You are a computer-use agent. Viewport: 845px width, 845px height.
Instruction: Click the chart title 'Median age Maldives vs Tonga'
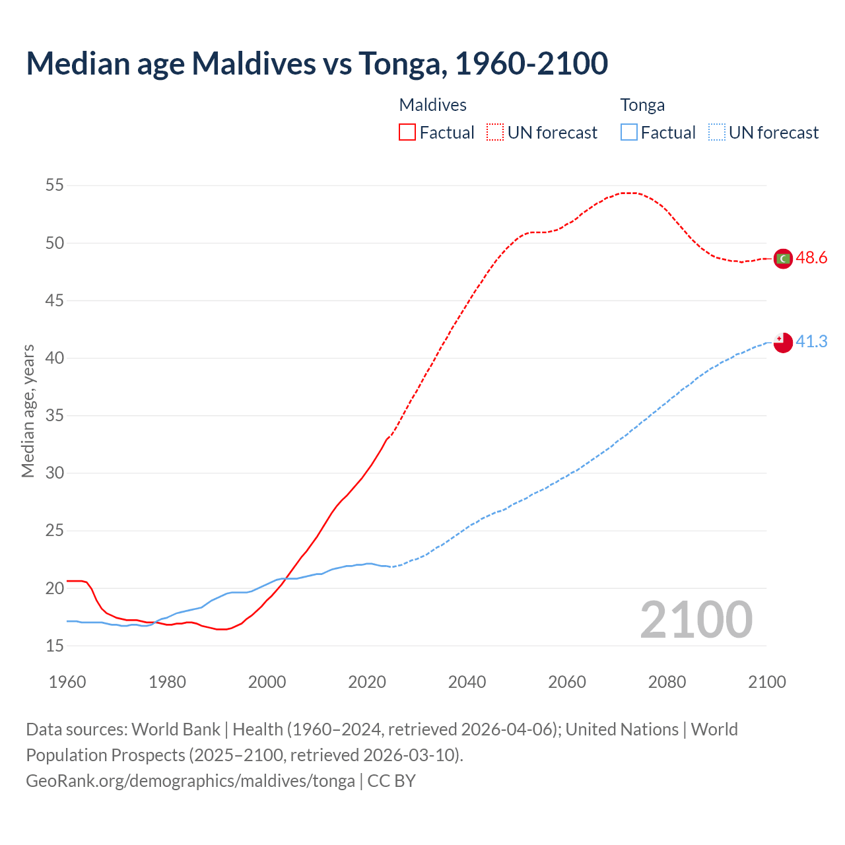tap(317, 64)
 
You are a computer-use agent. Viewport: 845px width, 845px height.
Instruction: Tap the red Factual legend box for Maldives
tap(407, 133)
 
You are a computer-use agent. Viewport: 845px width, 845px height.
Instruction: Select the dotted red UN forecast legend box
tap(495, 133)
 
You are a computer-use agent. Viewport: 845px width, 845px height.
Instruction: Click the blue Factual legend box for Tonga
tap(629, 133)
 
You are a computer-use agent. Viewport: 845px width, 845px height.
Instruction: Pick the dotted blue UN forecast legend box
tap(717, 133)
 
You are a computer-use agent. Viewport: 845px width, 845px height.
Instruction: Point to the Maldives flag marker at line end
tap(783, 259)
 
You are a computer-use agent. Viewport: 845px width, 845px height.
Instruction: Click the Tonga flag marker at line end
tap(783, 342)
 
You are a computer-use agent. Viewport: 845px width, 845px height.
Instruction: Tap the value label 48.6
tap(811, 258)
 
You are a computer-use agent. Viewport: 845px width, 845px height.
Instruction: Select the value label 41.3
tap(811, 341)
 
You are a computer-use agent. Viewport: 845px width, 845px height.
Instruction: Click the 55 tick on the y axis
tap(55, 186)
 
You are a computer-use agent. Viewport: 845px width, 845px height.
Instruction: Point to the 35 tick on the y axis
tap(55, 416)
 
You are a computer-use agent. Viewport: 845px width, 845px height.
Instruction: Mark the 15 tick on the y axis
tap(55, 646)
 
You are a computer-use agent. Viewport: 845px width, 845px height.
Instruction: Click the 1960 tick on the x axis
tap(67, 682)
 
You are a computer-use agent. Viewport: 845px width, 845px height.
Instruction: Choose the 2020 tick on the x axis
tap(367, 682)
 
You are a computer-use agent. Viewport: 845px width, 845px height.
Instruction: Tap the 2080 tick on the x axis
tap(667, 682)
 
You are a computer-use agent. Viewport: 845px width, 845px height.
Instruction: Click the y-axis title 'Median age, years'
tap(28, 411)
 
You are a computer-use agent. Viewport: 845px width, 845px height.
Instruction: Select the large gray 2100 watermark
tap(696, 619)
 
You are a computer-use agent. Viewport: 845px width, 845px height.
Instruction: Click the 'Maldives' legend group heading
tap(433, 105)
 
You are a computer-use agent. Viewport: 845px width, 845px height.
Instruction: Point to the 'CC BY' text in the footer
tap(391, 781)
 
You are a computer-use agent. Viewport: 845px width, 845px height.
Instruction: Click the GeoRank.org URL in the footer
tap(190, 781)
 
